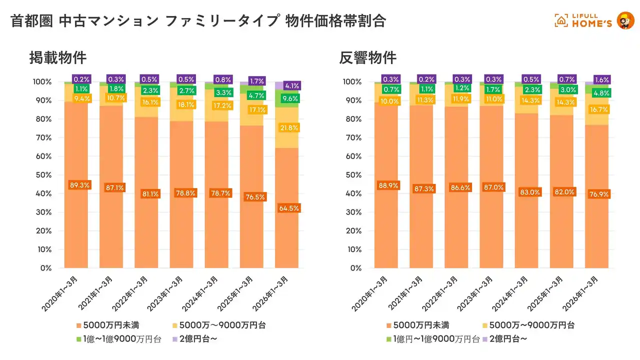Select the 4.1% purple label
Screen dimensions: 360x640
tap(291, 85)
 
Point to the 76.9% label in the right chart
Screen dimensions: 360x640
tap(599, 194)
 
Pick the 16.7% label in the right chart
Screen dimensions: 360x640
tap(599, 109)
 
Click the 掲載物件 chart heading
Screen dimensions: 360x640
tap(58, 57)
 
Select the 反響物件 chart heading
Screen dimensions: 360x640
tap(367, 57)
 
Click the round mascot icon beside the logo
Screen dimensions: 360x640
tap(625, 20)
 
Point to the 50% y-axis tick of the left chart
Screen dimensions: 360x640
tap(42, 175)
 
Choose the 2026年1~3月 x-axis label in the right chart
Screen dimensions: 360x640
tap(582, 292)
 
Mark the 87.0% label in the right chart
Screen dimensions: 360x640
tap(494, 187)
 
